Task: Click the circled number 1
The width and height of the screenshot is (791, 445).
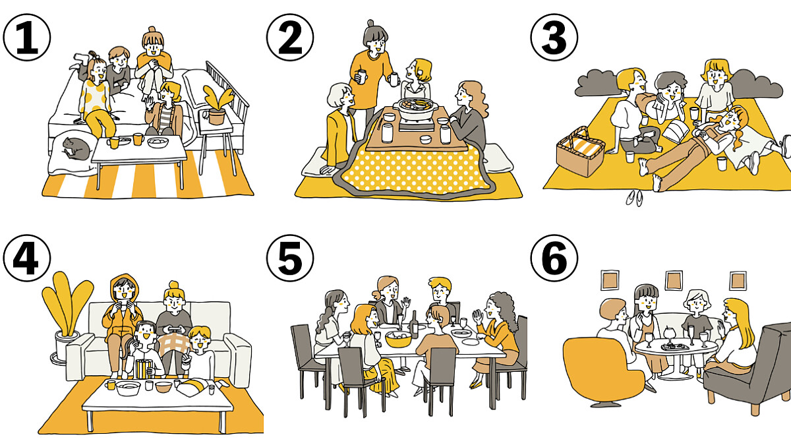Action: pos(27,38)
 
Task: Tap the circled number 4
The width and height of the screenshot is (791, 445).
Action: pos(27,258)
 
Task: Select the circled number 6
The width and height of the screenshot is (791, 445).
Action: pos(554,258)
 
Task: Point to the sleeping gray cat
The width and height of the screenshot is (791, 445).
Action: pos(76,148)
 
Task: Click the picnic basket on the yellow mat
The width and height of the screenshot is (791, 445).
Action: pos(580,152)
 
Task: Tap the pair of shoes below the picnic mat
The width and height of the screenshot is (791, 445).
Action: pos(635,198)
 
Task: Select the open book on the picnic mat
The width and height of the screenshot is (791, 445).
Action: pos(675,131)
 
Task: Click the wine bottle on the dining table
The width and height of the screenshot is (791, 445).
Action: pos(414,325)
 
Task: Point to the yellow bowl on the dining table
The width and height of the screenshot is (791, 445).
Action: pos(399,339)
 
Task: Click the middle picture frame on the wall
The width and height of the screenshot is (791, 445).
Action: pos(674,280)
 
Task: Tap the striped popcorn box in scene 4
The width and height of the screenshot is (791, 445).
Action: pos(144,369)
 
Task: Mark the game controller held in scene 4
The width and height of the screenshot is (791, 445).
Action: pos(175,330)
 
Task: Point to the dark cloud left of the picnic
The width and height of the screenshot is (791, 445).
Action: pos(597,83)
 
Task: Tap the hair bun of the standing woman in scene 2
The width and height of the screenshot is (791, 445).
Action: pos(370,23)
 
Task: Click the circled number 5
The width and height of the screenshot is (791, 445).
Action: pos(290,258)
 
